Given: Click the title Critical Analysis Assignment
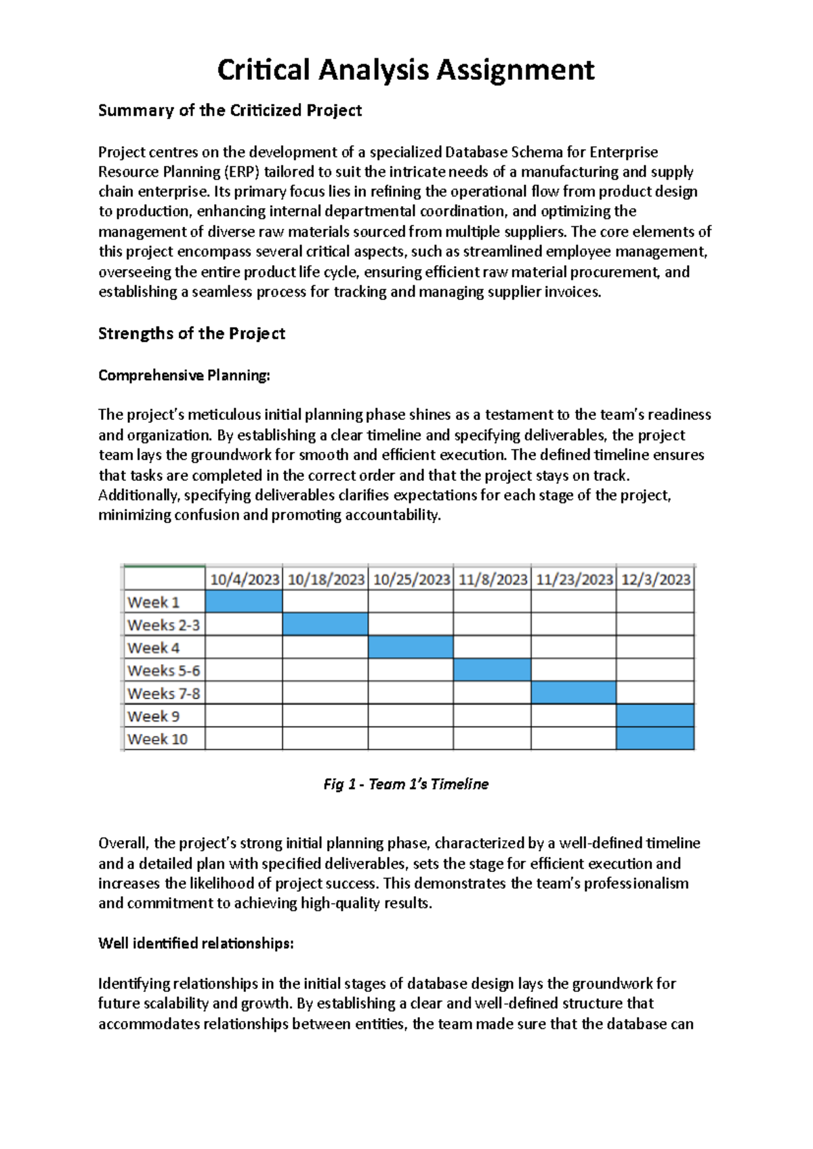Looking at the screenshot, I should [x=406, y=70].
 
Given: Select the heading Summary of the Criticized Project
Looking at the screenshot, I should [x=230, y=110].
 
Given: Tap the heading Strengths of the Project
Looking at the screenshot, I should [x=192, y=333].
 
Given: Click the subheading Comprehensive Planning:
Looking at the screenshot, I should [x=184, y=375].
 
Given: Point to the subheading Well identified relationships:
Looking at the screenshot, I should [x=196, y=943].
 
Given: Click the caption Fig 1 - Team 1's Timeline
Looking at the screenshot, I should [x=406, y=784].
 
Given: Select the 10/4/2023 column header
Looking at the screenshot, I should [x=245, y=579].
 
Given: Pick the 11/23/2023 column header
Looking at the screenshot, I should [x=574, y=579].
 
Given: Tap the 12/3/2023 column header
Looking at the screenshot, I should [x=655, y=579].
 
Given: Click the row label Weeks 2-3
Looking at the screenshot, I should [x=163, y=625].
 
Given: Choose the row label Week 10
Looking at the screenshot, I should [x=157, y=739].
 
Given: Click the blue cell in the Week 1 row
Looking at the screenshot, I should [x=244, y=602].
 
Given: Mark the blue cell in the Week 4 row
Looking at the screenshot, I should [x=411, y=647].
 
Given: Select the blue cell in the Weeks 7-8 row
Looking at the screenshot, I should [x=573, y=693].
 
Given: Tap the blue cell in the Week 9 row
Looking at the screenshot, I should [x=655, y=716].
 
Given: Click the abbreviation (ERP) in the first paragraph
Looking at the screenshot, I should [x=242, y=171].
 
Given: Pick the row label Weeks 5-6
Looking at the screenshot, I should [x=163, y=671].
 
